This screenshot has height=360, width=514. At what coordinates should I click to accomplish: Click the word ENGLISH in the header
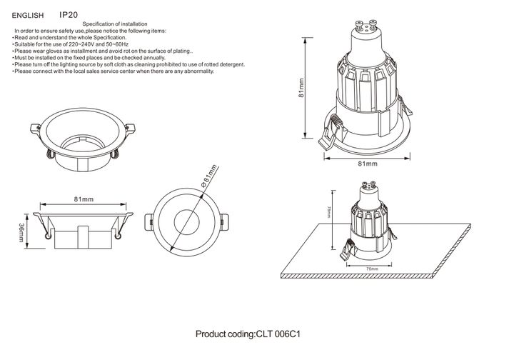[29, 14]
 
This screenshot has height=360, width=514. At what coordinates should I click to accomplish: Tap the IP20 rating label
[69, 14]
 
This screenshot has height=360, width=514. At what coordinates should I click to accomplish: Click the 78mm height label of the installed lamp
[328, 212]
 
